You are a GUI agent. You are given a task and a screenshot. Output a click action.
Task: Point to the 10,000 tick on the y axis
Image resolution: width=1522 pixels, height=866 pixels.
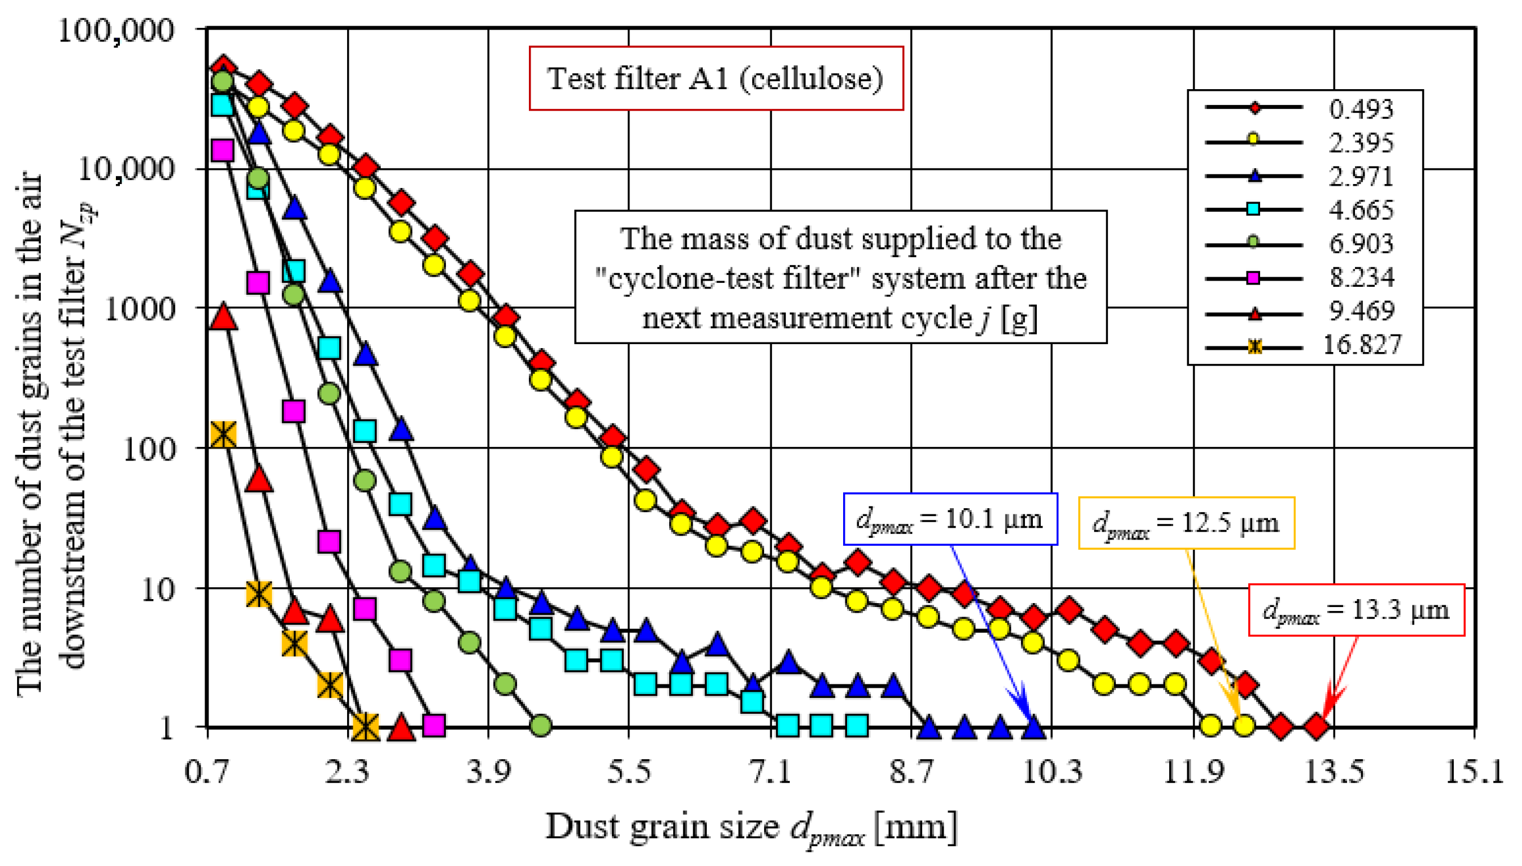click(x=127, y=170)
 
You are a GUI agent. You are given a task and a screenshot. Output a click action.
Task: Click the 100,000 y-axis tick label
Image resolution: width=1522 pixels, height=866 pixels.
click(x=116, y=30)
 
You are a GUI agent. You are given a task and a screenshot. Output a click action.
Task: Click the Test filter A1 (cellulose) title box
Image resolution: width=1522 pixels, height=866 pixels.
click(x=716, y=78)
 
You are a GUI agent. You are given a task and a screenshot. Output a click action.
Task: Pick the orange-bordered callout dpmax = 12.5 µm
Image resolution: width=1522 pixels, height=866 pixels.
click(x=1186, y=523)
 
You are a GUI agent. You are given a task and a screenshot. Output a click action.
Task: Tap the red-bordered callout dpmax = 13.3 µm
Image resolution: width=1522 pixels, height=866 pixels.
click(x=1356, y=610)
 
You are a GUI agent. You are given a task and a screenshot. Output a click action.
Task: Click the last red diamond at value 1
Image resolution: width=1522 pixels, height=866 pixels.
click(x=1316, y=726)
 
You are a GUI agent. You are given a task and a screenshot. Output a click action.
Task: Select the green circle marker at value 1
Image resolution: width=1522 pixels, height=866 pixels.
click(x=540, y=726)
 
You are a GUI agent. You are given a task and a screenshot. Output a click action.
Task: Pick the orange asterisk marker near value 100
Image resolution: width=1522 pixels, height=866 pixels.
click(x=223, y=435)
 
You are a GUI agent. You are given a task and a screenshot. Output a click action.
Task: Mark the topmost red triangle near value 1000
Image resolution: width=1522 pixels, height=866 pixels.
click(x=224, y=316)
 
